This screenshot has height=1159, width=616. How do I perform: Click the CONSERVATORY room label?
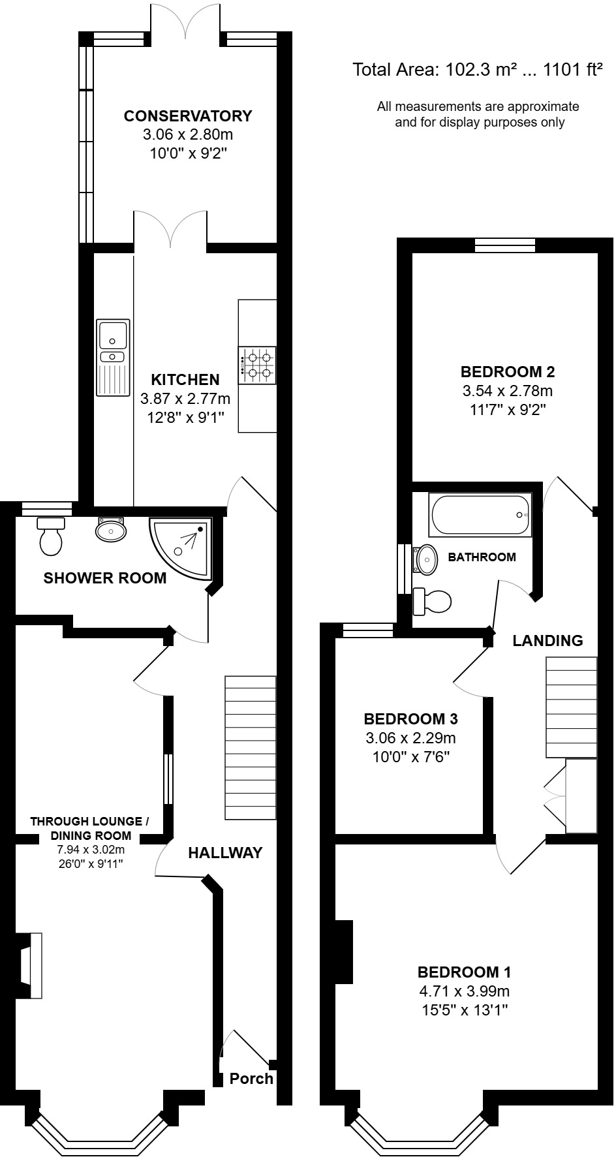[x=188, y=116]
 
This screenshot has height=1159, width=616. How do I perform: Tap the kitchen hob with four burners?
[x=257, y=365]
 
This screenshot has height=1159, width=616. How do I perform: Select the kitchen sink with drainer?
[x=113, y=358]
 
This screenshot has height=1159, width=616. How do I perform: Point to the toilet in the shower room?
[x=51, y=536]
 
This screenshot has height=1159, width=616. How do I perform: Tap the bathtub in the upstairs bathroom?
[x=480, y=515]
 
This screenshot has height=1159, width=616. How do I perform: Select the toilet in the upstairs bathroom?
[x=431, y=601]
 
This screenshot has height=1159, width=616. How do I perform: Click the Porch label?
[x=251, y=1079]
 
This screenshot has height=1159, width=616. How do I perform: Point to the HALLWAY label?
[x=225, y=852]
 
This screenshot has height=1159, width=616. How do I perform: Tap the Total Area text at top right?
[x=477, y=70]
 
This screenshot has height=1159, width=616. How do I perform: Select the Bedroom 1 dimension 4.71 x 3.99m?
[x=464, y=991]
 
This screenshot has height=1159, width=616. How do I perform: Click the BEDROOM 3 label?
[x=410, y=719]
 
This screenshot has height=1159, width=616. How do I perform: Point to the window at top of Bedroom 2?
[x=505, y=245]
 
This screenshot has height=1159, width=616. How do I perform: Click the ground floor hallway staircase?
[x=250, y=748]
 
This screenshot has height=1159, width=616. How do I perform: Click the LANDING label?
[x=547, y=640]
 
